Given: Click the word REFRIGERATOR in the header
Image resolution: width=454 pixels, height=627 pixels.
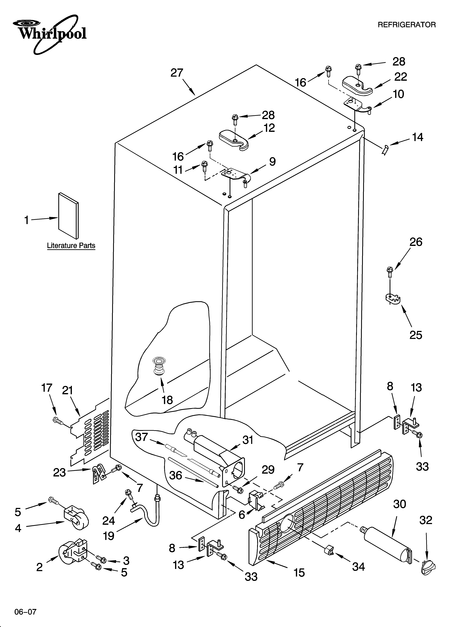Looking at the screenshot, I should click(x=406, y=25).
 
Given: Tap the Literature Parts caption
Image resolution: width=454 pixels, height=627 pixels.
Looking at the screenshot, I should click(x=71, y=245).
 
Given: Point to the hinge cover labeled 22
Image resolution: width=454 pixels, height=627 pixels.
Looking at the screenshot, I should click(x=357, y=86).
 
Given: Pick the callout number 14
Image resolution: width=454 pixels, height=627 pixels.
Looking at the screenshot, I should click(x=418, y=137).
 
